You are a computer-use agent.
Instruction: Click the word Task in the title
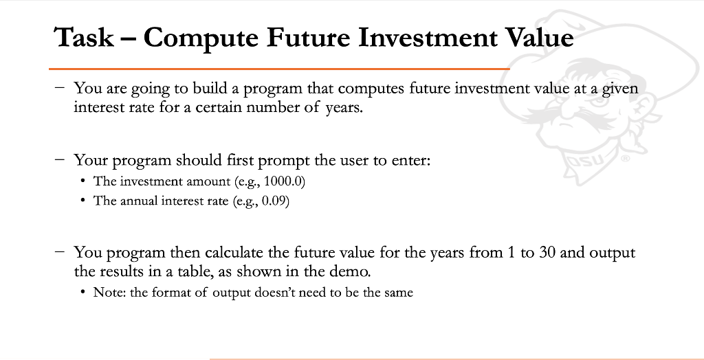coord(85,37)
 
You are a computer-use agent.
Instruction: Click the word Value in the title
coord(541,37)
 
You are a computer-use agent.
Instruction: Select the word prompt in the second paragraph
coord(280,161)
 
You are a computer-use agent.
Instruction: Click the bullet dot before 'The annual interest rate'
coord(82,203)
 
